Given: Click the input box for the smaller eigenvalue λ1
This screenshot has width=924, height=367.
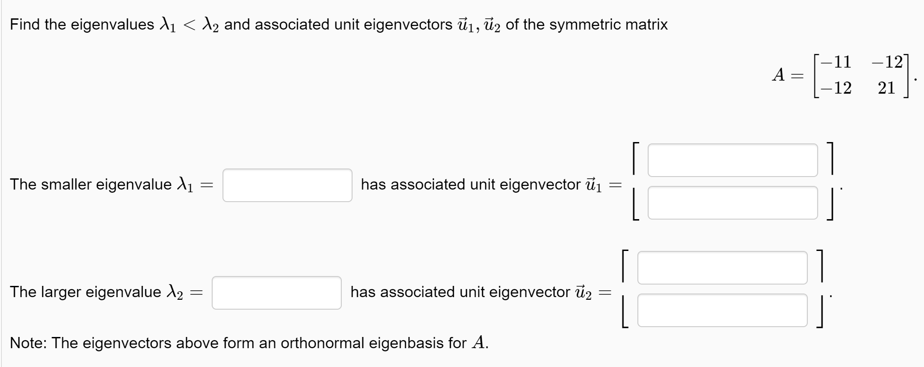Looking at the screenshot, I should click(x=287, y=185).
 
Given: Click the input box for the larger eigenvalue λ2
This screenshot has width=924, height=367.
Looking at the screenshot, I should click(x=276, y=293).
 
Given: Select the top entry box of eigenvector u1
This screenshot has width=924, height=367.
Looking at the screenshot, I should click(x=732, y=160).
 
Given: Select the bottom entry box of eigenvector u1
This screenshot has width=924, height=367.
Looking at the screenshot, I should click(x=732, y=203).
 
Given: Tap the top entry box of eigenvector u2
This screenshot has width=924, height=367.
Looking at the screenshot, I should click(x=722, y=268).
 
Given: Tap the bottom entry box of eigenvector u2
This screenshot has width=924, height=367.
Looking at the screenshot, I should click(x=722, y=310).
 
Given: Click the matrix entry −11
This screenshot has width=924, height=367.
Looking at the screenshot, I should click(x=837, y=62).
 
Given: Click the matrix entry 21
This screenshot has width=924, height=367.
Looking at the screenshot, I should click(x=886, y=88).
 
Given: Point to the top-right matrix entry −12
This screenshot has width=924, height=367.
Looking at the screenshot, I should click(x=886, y=62).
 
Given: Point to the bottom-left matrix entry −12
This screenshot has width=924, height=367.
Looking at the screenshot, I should click(x=837, y=88).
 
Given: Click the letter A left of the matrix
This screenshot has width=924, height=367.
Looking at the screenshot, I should click(x=778, y=75).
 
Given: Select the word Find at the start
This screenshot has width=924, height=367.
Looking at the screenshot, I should click(x=25, y=24).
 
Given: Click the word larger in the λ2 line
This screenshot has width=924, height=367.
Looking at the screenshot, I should click(x=61, y=292).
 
